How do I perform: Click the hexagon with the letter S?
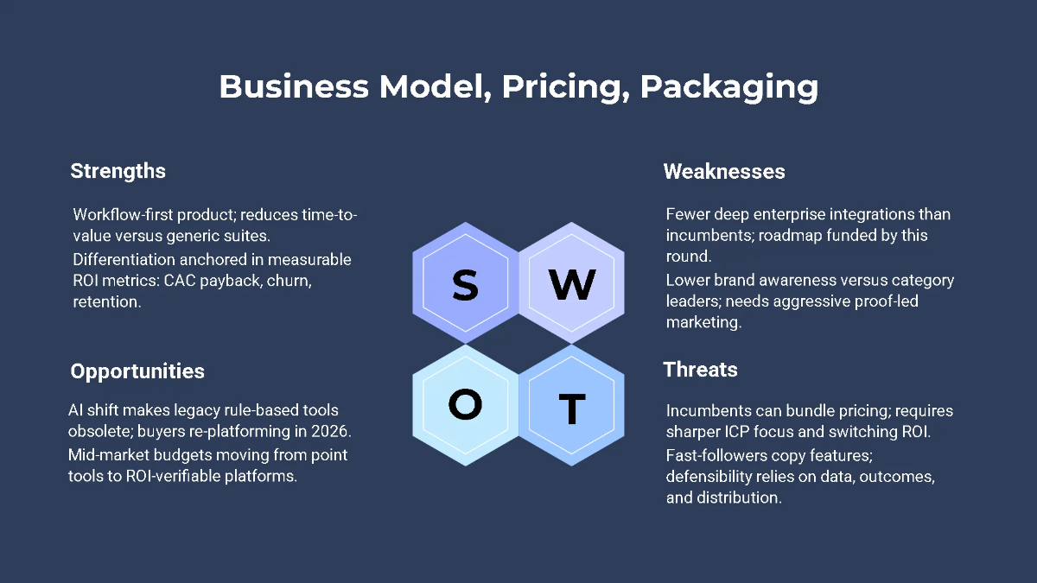click(465, 284)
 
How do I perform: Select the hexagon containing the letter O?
click(465, 404)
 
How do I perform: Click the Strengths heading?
click(118, 171)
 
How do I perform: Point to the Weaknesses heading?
click(724, 171)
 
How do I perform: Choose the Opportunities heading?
click(137, 371)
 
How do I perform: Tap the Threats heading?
click(701, 370)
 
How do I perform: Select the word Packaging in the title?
click(729, 87)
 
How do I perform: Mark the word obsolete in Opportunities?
click(99, 431)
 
